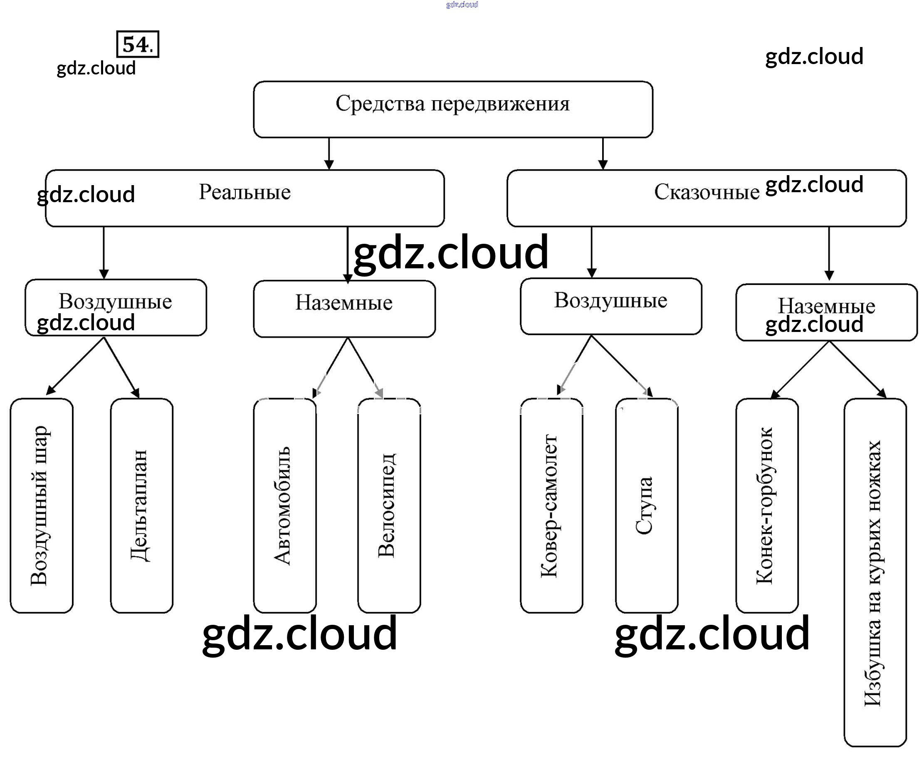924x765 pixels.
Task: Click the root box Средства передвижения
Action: click(453, 109)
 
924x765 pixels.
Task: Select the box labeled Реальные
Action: click(245, 198)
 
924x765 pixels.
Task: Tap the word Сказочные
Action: click(706, 192)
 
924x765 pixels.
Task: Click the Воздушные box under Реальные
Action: click(115, 307)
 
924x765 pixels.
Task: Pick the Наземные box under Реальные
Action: click(344, 308)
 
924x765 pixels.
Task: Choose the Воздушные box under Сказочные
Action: click(610, 306)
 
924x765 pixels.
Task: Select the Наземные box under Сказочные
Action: click(826, 312)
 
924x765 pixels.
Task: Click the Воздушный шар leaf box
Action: click(41, 505)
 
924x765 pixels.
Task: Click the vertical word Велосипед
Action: click(388, 505)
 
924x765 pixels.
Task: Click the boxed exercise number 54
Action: click(137, 44)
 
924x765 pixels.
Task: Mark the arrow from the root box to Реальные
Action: click(329, 153)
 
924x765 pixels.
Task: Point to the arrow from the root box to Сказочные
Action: click(603, 153)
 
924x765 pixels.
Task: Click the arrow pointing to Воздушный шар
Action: click(75, 366)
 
